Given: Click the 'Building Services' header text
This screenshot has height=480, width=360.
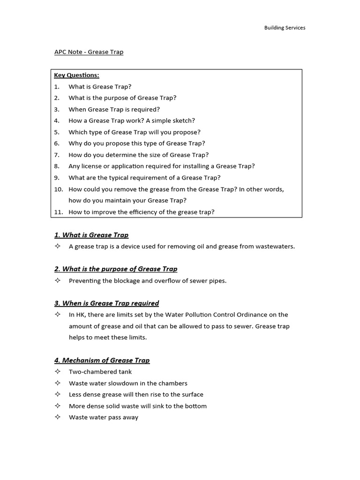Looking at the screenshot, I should coord(285,28).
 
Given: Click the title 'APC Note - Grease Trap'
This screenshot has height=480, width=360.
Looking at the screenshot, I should coord(89,52).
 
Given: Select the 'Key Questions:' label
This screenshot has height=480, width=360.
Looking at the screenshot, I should coord(76,75).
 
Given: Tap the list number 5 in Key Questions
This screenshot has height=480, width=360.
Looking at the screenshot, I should coord(56,132).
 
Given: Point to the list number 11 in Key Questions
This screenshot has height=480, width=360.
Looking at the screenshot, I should coord(58,212).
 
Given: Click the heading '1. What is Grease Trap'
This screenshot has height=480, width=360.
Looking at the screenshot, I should coord(91,235).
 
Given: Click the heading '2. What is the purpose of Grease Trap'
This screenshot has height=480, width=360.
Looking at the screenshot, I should coord(116,269).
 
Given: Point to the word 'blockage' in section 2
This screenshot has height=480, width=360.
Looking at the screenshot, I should coord(123,280).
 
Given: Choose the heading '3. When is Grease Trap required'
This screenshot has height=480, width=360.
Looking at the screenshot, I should coord(106,303).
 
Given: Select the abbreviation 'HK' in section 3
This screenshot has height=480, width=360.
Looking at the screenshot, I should coord(80,315).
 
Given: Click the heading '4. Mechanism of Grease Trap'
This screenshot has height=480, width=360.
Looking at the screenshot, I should coord(102,360).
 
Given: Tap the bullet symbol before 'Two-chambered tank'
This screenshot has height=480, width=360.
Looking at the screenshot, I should coord(57,372).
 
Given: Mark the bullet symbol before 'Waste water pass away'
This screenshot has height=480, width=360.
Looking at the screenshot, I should coord(57,417).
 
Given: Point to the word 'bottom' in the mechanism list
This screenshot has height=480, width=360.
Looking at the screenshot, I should coord(195,406).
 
